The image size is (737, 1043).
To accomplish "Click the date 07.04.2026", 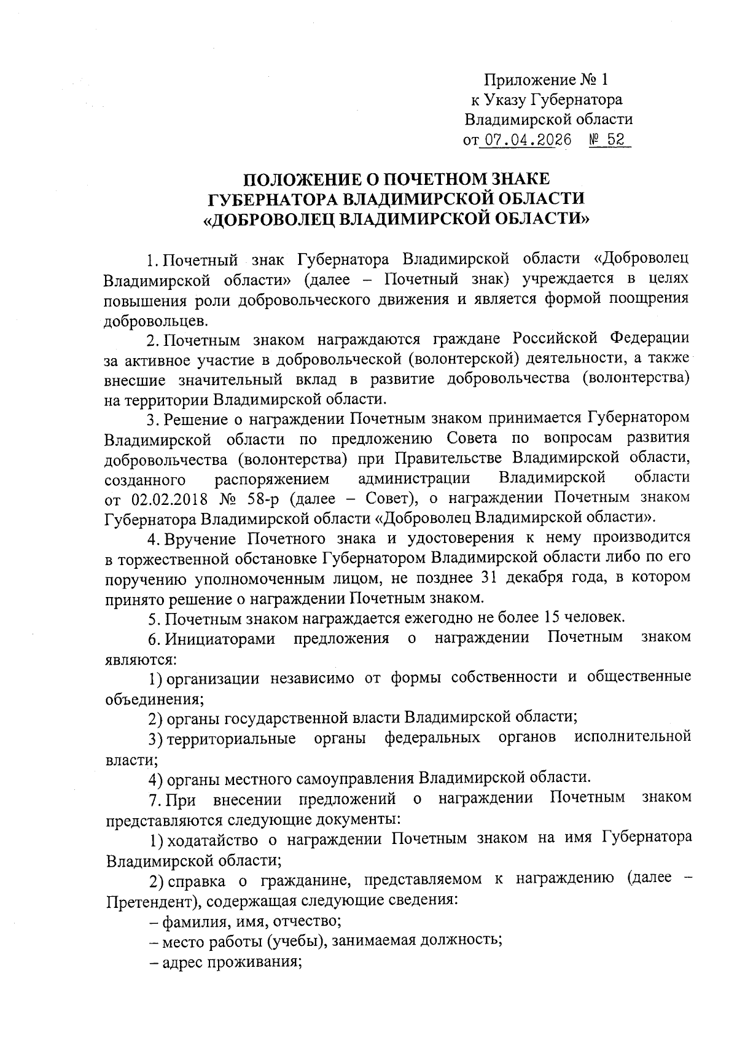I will pos(525,139).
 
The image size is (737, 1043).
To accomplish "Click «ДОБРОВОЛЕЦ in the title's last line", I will pos(269,219).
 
